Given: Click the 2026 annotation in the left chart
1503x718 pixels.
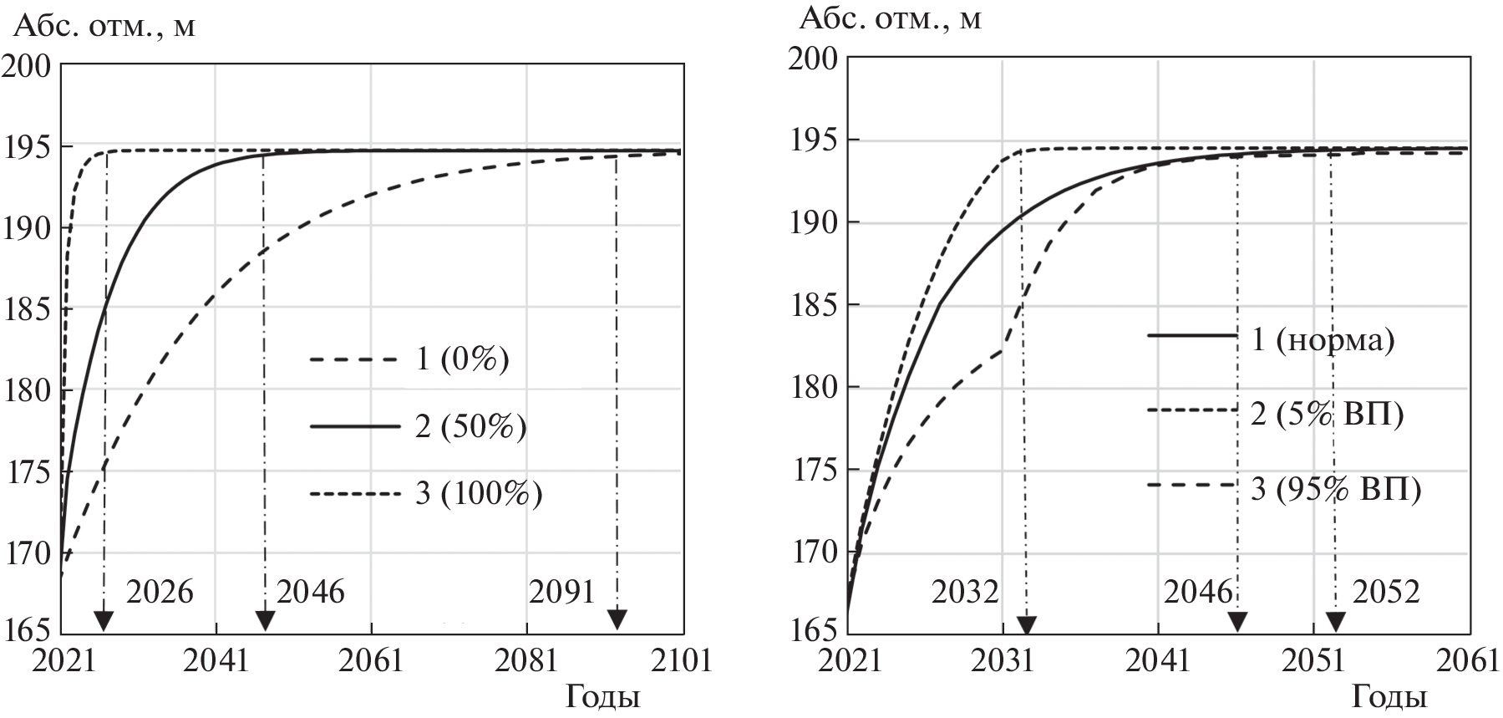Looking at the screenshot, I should (x=160, y=592).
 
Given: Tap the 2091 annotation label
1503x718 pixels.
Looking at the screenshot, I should (x=561, y=592).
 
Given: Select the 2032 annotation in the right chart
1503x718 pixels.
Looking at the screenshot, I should (x=966, y=592).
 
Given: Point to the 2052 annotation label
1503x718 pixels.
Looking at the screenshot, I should (x=1385, y=592).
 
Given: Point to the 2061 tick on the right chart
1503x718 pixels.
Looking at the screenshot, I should (x=1467, y=660).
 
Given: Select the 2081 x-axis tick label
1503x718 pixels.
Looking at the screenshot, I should (x=526, y=660).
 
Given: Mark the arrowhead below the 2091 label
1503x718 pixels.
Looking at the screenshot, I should (x=617, y=619).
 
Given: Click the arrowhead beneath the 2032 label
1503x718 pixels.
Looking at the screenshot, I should (x=1027, y=624).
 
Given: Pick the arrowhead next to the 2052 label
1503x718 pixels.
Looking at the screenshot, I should (x=1335, y=622).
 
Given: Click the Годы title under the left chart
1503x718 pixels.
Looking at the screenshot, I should (x=603, y=697).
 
